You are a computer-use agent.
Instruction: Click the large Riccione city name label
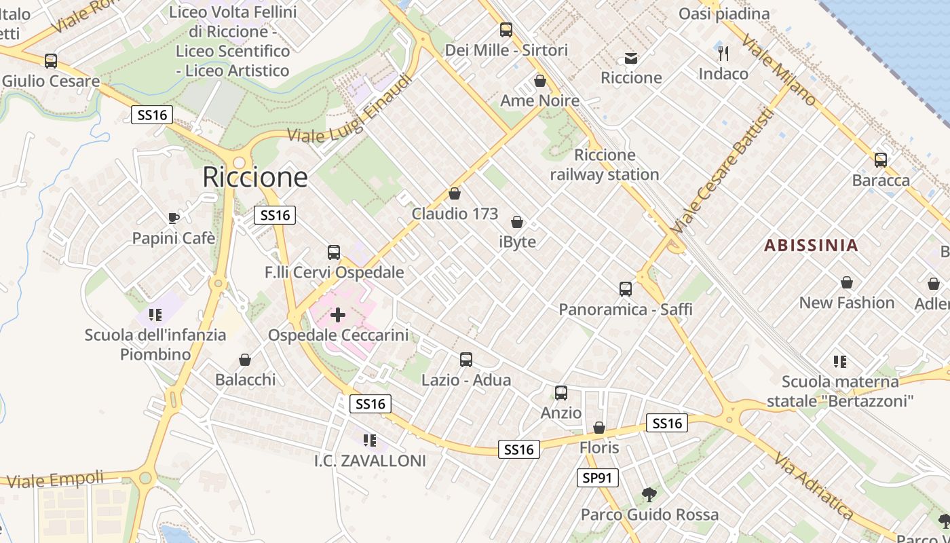pos(255,177)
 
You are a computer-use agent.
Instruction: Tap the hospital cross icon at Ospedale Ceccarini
pos(338,315)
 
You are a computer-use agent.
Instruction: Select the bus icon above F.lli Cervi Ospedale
pos(333,252)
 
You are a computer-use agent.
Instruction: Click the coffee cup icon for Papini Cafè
pos(174,218)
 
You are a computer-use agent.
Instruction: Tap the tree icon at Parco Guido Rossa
pos(649,494)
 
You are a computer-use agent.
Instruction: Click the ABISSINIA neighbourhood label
pos(811,245)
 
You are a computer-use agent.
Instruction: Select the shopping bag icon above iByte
pos(517,222)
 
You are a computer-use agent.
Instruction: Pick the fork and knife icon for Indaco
pos(723,53)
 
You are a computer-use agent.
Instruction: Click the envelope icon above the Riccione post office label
pos(631,58)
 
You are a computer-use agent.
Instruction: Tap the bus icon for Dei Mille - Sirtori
pos(506,30)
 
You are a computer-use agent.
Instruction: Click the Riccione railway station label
pos(604,165)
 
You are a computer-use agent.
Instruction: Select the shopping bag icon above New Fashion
pos(847,282)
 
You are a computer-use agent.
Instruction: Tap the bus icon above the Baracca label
pos(881,160)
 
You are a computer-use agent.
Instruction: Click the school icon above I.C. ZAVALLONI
pos(370,441)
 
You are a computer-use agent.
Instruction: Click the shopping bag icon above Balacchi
pos(245,360)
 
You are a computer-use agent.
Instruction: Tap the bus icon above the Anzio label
pos(561,393)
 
